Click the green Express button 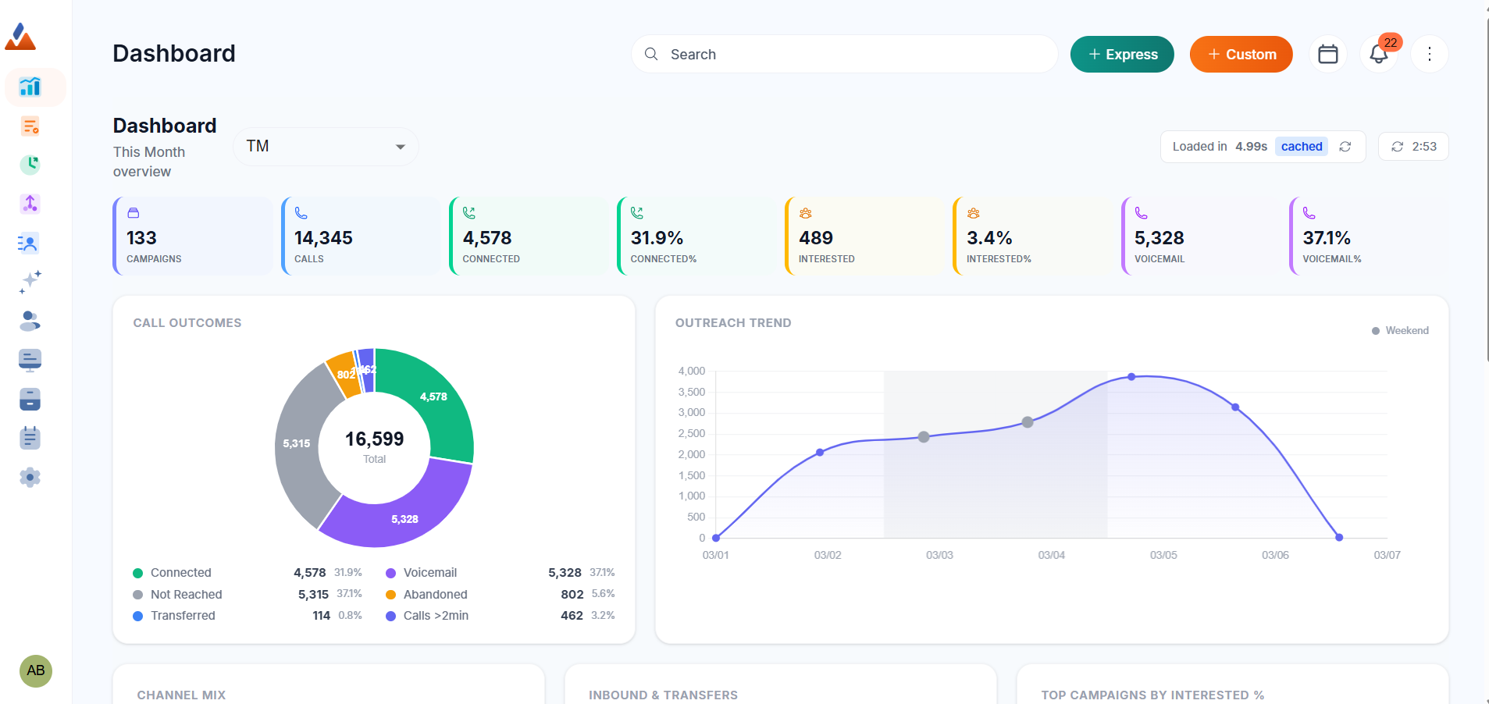(1122, 55)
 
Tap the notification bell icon (1378, 55)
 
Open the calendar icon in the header (1327, 55)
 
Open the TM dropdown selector (326, 147)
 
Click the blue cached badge (1301, 147)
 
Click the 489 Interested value (816, 238)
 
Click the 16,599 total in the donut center (375, 439)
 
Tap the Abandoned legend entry (435, 595)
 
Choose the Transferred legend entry (183, 616)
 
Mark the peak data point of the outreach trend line (1131, 377)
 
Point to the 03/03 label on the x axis (939, 555)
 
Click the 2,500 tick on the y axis (692, 434)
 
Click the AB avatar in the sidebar (36, 670)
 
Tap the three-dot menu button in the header (1429, 55)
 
